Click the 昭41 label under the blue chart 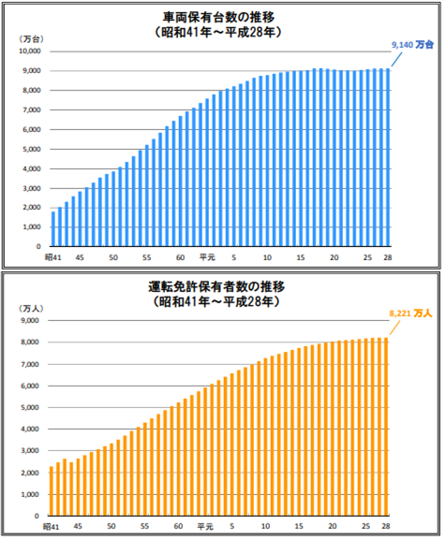(x=52, y=257)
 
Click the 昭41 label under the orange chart (x=52, y=526)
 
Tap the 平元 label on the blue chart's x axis (x=207, y=257)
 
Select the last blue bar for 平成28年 (x=387, y=158)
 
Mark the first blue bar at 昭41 (x=53, y=229)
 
